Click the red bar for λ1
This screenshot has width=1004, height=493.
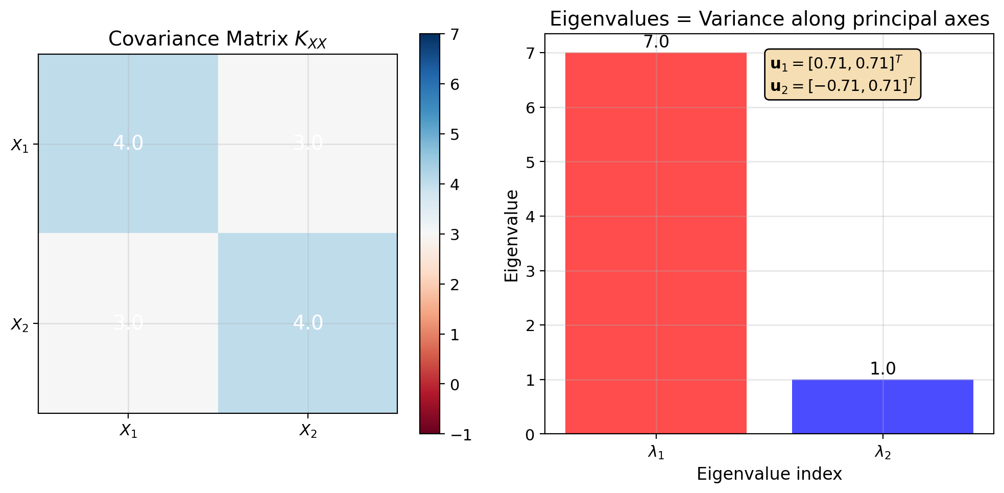(656, 243)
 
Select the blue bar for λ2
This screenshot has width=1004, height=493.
(882, 407)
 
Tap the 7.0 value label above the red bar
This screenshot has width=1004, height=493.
(656, 42)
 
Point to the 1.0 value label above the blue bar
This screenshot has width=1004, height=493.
(882, 369)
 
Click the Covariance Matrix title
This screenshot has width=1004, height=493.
(217, 39)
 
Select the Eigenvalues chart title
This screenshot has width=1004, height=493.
(769, 19)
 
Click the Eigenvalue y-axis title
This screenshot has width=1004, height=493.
(512, 236)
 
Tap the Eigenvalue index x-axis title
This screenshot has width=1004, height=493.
(769, 474)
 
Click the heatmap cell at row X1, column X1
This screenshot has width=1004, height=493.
(128, 144)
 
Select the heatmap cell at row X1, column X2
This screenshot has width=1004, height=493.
(308, 144)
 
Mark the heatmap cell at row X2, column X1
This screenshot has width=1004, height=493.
(128, 323)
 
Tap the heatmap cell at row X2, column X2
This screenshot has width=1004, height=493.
(308, 323)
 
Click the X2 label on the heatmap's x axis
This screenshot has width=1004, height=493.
(308, 431)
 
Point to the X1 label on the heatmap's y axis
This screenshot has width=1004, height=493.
(19, 146)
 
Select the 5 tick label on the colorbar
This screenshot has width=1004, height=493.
(455, 135)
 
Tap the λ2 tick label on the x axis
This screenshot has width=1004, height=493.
(882, 453)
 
